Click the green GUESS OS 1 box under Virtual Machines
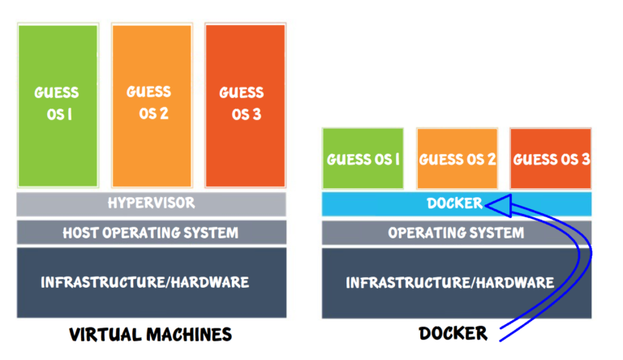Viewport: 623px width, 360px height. pos(58,105)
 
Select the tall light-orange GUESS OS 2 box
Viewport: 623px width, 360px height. pos(152,105)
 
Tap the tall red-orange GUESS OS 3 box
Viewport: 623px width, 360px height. pos(245,105)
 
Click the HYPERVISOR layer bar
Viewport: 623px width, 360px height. pos(151,204)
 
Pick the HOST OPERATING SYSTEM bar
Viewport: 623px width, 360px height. pos(151,233)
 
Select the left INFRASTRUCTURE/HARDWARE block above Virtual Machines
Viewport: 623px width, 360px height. pos(151,282)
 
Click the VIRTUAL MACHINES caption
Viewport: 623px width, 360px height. pos(151,334)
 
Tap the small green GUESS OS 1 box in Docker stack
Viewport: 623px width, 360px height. pos(363,159)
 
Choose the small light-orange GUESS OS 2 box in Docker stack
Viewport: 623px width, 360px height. pos(457,159)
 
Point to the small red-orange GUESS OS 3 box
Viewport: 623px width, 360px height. pos(551,159)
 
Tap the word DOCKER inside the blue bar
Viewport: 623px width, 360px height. pos(454,204)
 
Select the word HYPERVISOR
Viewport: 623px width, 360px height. pos(151,203)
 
